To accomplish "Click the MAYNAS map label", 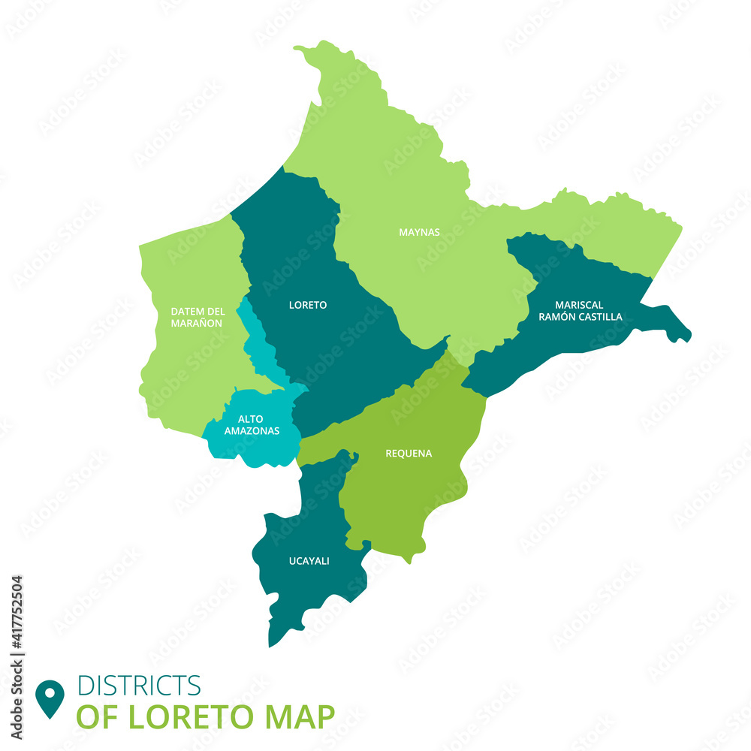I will pos(419,232).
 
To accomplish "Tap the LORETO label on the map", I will pos(308,305).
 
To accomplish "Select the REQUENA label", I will pos(409,453).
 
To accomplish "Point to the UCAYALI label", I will pos(309,560).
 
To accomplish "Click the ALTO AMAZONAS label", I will pos(252,425).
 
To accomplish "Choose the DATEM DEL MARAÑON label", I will pos(198,317).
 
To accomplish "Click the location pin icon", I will pos(50,697).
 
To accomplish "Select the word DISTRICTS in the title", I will pos(140,685).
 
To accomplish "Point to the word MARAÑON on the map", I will pos(197,323).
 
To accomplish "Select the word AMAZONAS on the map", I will pos(252,431).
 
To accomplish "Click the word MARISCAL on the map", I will pos(579,305).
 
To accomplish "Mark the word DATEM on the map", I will pos(182,311).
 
